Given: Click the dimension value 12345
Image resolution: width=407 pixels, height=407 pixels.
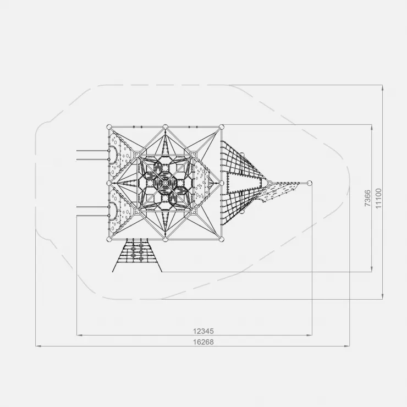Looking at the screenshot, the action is tap(204, 331).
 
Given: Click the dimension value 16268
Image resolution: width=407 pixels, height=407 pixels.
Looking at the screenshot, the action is tap(204, 342).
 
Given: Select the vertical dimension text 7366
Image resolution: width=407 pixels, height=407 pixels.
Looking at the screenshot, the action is tap(368, 198).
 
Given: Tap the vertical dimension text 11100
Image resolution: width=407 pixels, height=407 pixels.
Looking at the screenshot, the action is tap(379, 198).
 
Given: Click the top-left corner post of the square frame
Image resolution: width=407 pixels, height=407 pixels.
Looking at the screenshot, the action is tap(109, 127).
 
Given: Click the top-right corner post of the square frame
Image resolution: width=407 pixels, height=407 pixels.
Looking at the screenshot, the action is tap(222, 127).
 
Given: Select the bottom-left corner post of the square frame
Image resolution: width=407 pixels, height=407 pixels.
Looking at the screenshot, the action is tap(109, 239).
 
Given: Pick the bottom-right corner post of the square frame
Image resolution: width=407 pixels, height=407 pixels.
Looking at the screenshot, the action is tap(222, 239).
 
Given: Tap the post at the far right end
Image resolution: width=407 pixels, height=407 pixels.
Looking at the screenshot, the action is tap(309, 183).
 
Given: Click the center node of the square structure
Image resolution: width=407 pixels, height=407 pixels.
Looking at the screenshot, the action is tap(165, 183).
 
